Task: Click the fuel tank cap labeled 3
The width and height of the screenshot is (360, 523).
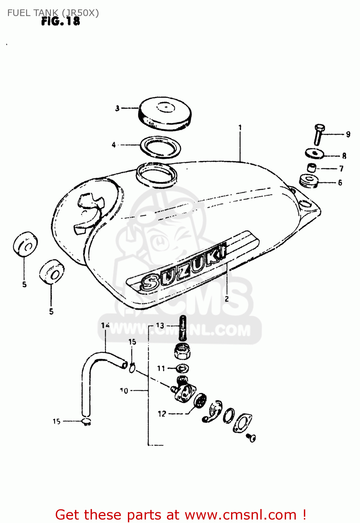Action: (165, 114)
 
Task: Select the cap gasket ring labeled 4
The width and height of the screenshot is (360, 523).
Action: (160, 147)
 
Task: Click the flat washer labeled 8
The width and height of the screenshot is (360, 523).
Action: (315, 153)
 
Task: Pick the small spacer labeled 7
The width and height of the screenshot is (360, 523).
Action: (312, 167)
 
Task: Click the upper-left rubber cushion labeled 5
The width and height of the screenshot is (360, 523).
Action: (25, 244)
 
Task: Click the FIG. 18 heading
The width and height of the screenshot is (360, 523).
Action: (61, 22)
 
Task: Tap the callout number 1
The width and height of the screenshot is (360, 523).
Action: (240, 128)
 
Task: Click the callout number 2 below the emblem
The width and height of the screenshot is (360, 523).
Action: (227, 299)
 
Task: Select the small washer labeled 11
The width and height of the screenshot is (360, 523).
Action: (183, 368)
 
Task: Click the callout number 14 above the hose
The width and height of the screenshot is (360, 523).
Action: (105, 325)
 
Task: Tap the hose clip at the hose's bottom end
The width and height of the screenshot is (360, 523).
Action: (86, 422)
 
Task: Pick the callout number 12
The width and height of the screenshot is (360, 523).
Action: (162, 414)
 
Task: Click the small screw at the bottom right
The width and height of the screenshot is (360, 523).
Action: (251, 437)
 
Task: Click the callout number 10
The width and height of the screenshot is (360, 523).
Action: (124, 391)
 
